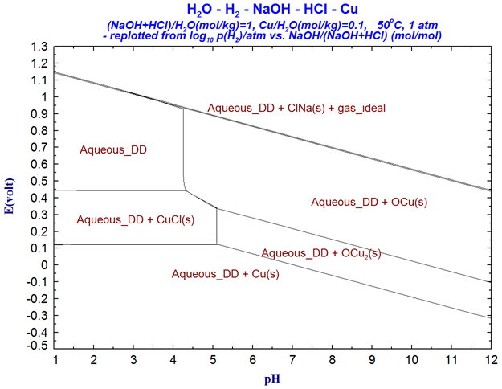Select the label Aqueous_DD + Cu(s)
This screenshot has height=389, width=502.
tap(226, 274)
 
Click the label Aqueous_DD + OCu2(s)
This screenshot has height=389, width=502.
tap(321, 253)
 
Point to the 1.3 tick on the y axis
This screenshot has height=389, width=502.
tap(39, 47)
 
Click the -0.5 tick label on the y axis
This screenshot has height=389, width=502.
tap(37, 348)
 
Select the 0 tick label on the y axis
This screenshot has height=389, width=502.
tap(44, 264)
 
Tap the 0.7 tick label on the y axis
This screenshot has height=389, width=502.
tap(39, 147)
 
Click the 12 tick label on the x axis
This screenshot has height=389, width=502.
tap(491, 358)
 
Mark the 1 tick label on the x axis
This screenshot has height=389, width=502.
tap(55, 358)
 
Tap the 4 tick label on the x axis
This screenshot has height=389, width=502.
tap(173, 358)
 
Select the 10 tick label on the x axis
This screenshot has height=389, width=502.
tap(411, 358)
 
